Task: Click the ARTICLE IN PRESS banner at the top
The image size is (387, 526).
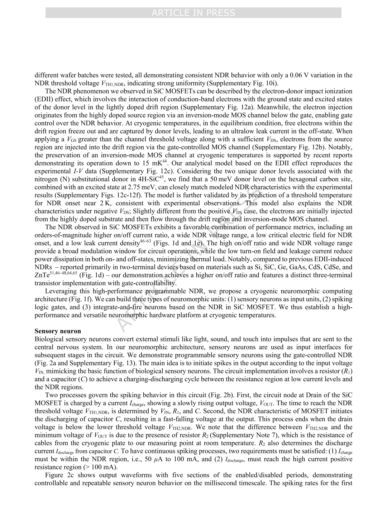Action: point(193,13)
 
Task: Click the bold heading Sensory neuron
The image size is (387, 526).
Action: point(58,331)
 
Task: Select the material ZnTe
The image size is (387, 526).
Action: point(42,276)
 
